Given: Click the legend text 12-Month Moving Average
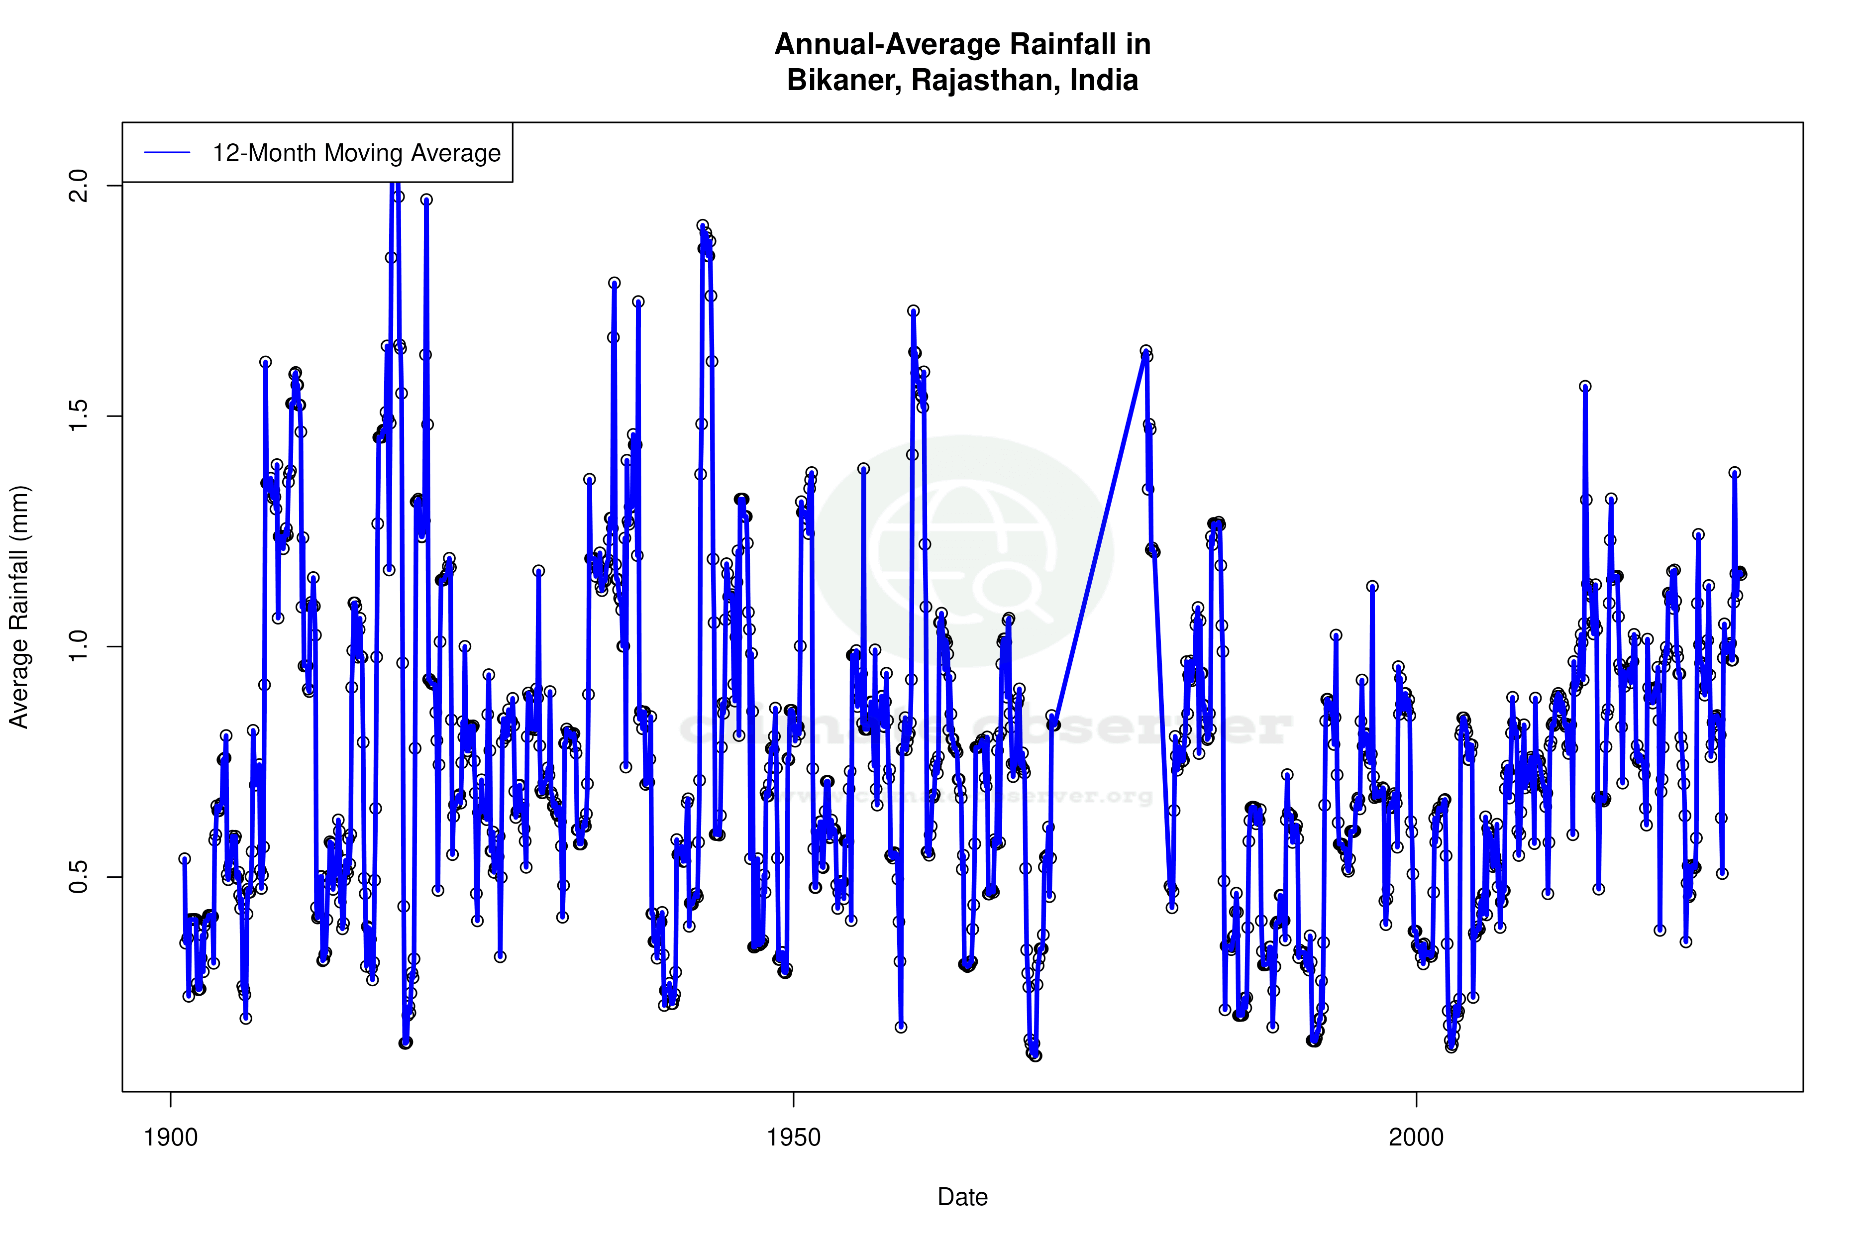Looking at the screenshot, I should tap(356, 153).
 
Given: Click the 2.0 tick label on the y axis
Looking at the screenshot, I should tap(79, 185).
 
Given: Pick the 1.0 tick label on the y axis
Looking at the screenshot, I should tap(79, 646).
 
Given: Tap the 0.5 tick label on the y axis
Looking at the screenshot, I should tap(79, 877).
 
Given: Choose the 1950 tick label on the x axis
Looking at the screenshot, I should tap(793, 1138).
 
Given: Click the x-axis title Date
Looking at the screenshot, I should tap(962, 1197).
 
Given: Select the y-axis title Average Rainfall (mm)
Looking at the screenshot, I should tap(19, 607).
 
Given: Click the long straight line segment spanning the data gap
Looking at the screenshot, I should tap(1099, 539).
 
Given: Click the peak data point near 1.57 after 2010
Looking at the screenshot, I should tap(1585, 386).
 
